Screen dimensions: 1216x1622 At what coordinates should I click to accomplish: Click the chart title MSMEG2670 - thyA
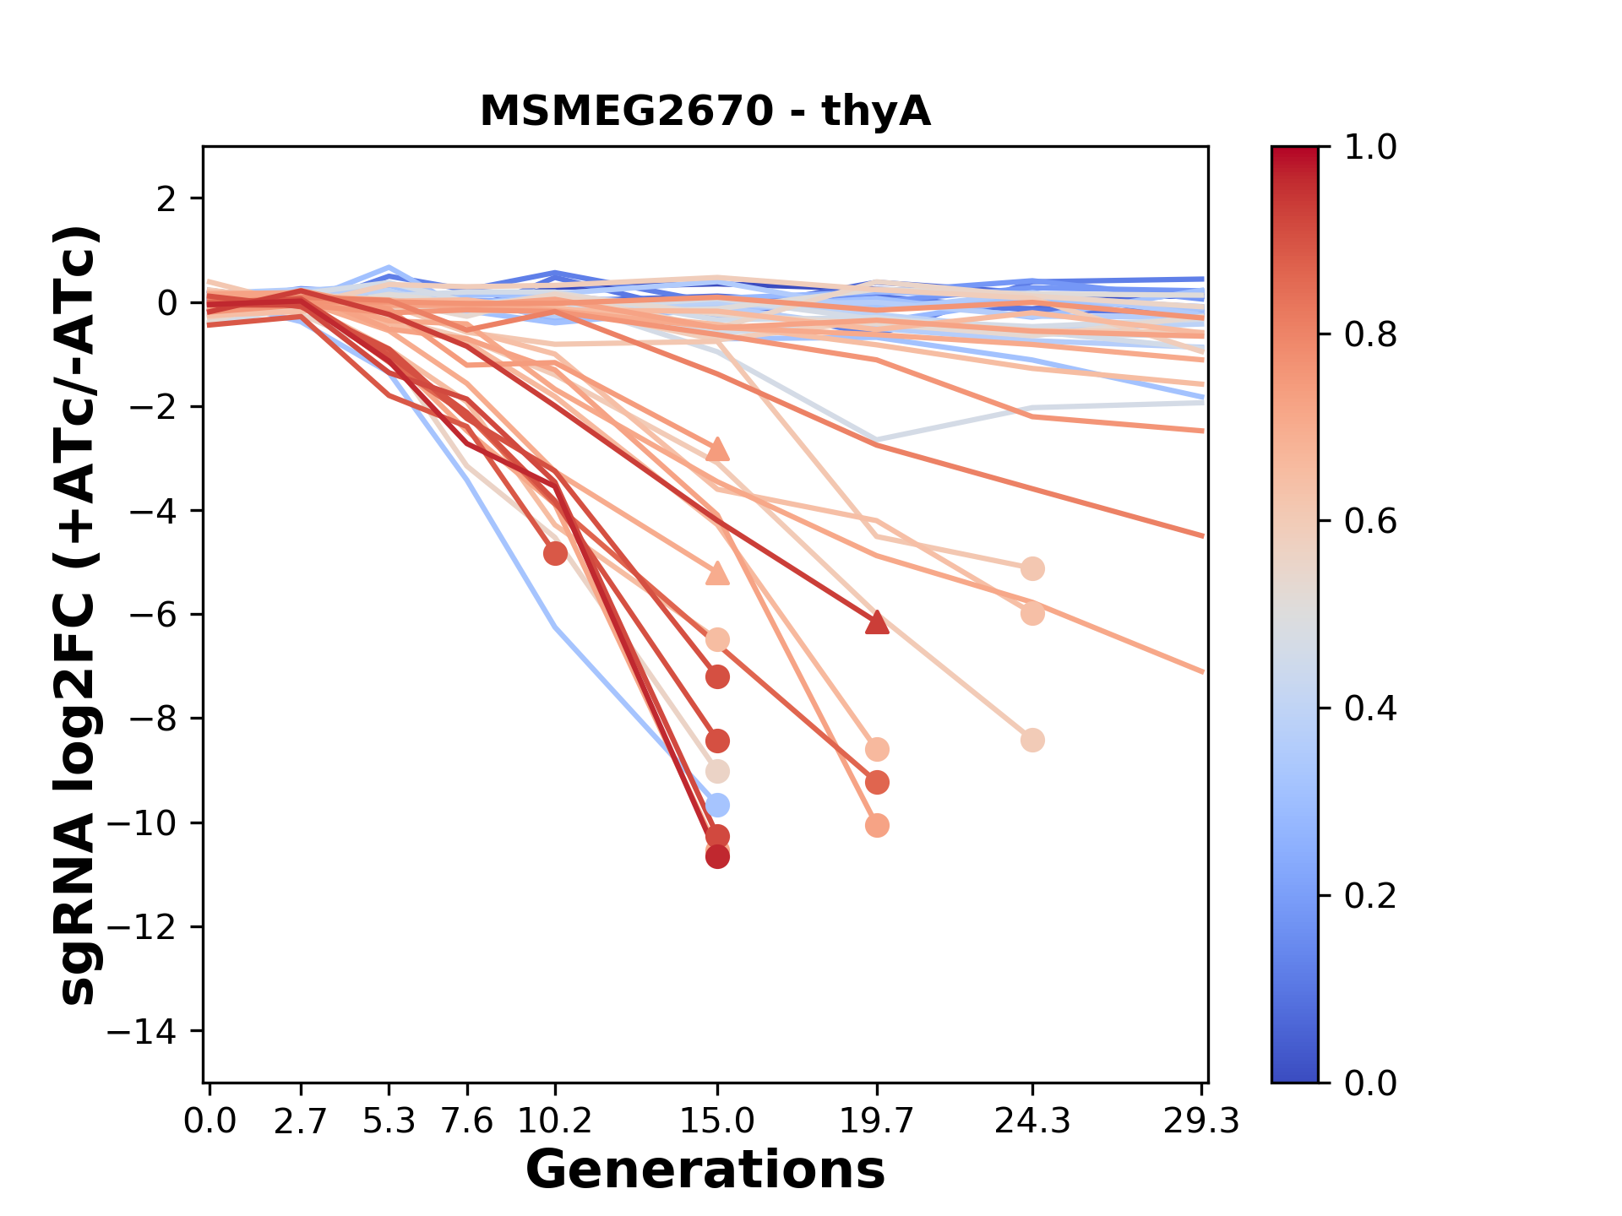click(705, 111)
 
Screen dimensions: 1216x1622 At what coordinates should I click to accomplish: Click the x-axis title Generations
click(705, 1170)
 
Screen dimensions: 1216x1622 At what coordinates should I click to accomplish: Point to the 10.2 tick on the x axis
click(555, 1121)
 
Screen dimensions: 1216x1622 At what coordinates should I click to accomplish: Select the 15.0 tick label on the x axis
click(717, 1121)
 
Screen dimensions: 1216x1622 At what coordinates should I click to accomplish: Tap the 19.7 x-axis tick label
click(877, 1121)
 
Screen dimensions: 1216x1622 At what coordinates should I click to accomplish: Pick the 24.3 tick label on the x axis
click(1032, 1121)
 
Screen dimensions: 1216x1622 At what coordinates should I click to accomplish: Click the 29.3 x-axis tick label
click(1201, 1121)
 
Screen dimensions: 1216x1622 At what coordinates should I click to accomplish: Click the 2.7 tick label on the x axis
click(301, 1121)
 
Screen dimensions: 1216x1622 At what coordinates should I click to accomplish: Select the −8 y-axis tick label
click(152, 719)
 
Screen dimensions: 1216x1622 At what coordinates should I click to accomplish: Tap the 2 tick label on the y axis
click(167, 198)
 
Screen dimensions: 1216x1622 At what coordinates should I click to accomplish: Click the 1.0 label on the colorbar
click(1370, 147)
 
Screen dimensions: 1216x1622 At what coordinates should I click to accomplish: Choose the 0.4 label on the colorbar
click(1370, 708)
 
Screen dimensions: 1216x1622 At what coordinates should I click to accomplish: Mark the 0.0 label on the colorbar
click(1370, 1083)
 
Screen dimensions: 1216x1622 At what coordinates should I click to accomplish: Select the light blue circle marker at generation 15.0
click(717, 805)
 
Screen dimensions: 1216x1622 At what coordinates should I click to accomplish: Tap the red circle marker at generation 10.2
click(555, 554)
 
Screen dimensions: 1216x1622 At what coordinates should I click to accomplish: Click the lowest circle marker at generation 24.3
click(1032, 741)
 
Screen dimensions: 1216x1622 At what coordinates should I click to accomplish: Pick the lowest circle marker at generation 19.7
click(877, 825)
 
